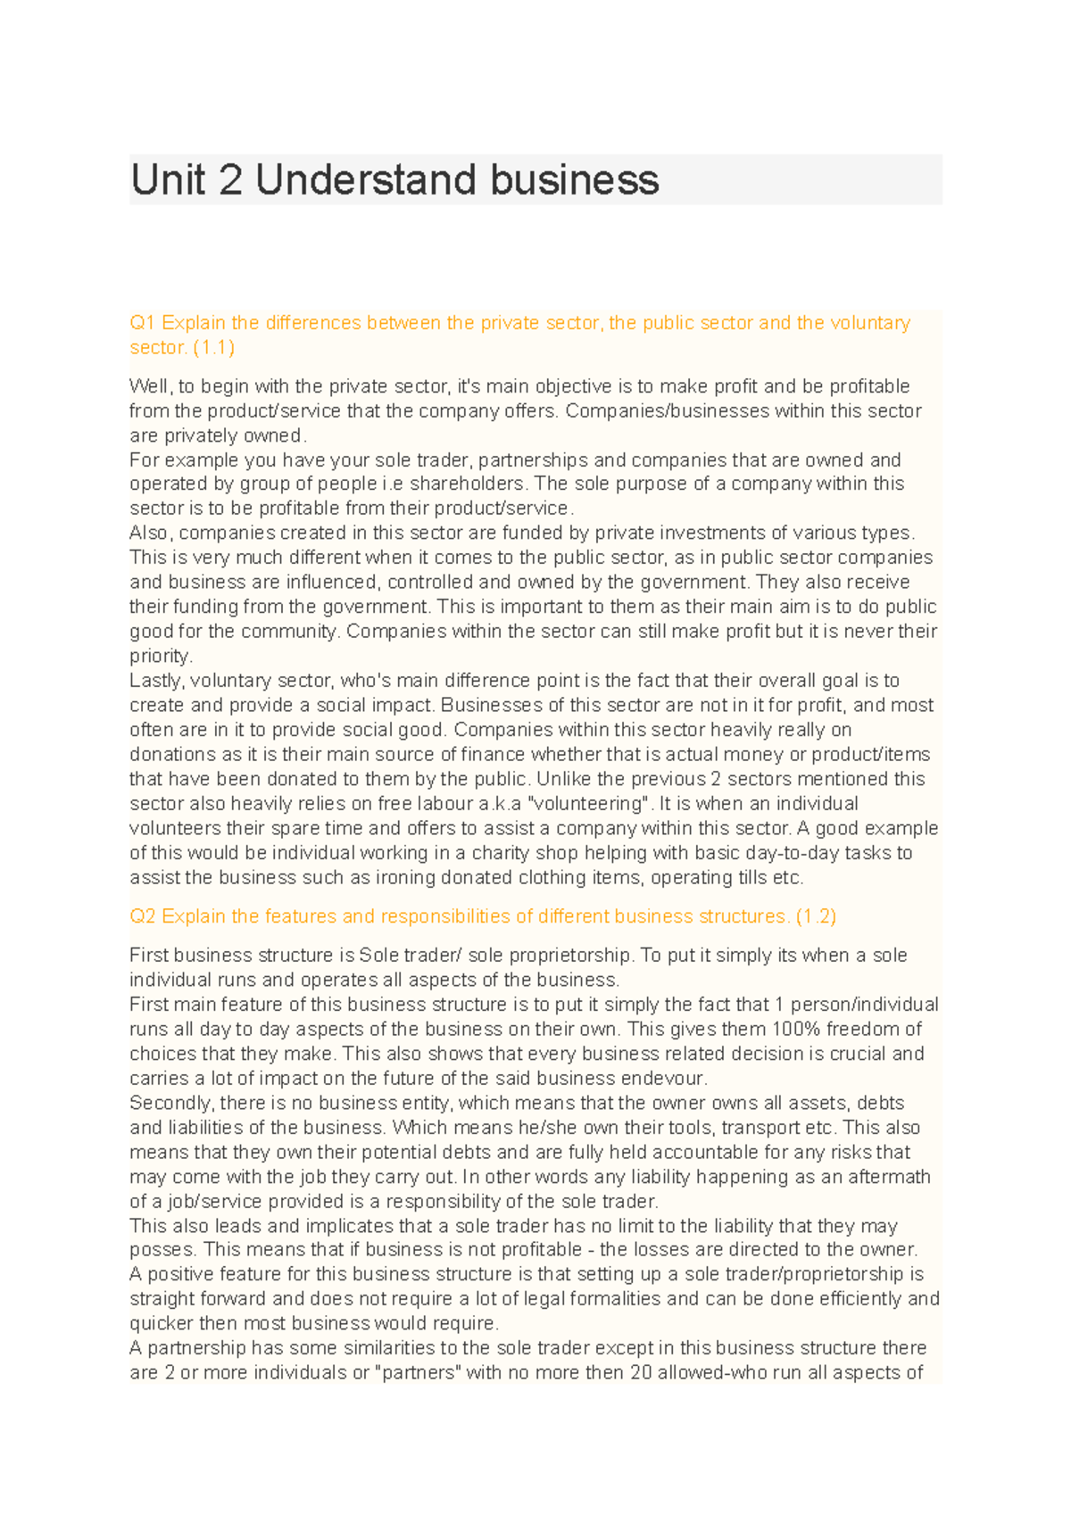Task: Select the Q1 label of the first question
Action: tap(143, 323)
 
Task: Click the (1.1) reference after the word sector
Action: tap(214, 347)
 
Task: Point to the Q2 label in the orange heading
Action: tap(143, 916)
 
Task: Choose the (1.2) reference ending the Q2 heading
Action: tap(816, 916)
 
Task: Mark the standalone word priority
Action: tap(161, 656)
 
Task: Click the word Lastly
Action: tap(157, 680)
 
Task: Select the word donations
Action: tap(171, 754)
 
